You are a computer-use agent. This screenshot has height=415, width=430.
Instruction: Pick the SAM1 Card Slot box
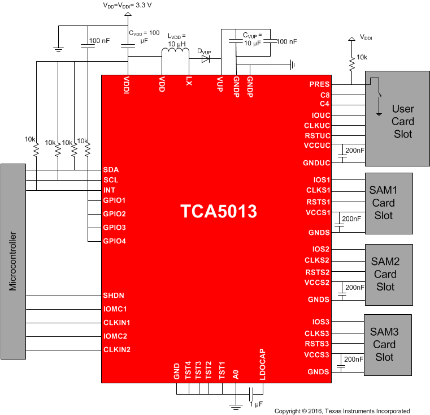[x=389, y=203]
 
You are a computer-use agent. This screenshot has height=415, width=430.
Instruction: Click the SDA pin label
[x=111, y=169]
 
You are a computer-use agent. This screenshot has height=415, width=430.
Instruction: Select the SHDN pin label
[x=114, y=296]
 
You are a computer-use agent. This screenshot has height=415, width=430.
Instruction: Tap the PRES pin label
[x=319, y=84]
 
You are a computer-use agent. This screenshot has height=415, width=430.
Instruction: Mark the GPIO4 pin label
[x=114, y=241]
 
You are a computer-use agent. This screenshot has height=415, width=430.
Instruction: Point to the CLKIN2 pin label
[x=116, y=349]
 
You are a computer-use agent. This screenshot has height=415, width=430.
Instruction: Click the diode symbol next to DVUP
[x=206, y=57]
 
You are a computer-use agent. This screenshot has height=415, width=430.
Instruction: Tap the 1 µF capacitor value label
[x=258, y=404]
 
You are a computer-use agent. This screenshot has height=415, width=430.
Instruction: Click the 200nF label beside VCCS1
[x=351, y=219]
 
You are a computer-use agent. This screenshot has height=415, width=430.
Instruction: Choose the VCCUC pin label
[x=317, y=146]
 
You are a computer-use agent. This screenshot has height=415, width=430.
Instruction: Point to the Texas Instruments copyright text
[x=342, y=411]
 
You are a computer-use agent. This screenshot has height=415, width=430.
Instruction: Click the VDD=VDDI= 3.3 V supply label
[x=127, y=5]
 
